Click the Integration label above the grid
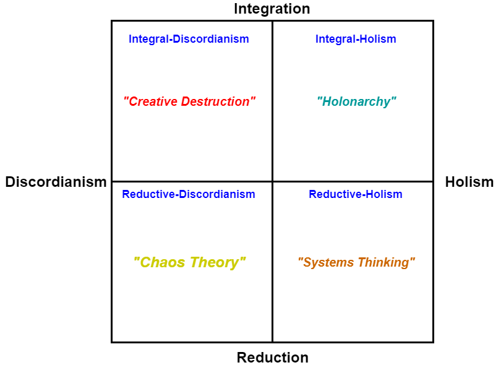coord(272,9)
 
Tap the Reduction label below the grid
coord(272,358)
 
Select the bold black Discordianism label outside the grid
coord(56,182)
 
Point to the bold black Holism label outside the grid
coord(469,182)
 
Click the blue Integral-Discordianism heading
coord(189,39)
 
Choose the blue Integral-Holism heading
coord(356,39)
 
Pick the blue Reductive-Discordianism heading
coord(189,194)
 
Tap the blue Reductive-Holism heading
coord(356,194)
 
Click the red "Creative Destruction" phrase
coord(189,101)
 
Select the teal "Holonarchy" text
coord(356,101)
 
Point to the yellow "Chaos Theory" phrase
coord(189,262)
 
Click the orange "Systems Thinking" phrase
coord(356,262)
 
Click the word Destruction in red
coord(218,101)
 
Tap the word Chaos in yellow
coord(160,262)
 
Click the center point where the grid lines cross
coord(272,181)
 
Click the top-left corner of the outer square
coord(112,21)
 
